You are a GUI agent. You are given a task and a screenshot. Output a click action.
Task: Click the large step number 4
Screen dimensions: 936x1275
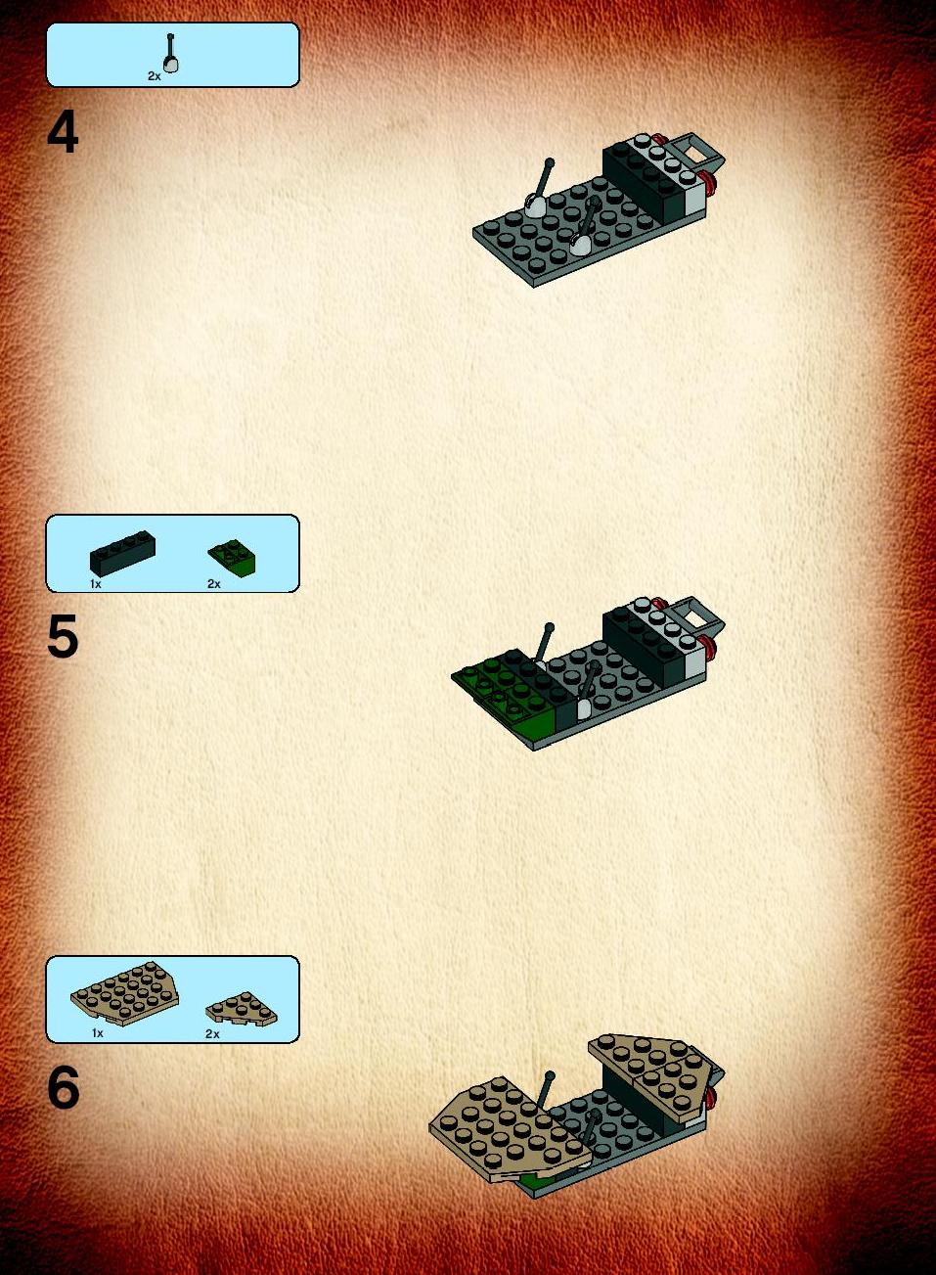tap(63, 133)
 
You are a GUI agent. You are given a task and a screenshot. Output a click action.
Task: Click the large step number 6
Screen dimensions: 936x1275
tap(64, 1088)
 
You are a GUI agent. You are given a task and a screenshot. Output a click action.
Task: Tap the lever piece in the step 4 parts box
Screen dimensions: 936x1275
tap(171, 53)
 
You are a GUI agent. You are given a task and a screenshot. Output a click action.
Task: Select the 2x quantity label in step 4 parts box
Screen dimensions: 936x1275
tap(155, 76)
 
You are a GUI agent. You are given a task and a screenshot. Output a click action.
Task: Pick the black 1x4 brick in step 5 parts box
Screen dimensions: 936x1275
tap(122, 553)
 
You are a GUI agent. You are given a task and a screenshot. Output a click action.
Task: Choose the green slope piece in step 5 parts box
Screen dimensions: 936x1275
tap(232, 559)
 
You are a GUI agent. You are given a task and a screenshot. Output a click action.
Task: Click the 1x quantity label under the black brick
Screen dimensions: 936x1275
tap(96, 584)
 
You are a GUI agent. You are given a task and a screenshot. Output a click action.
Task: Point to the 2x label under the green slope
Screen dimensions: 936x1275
tap(214, 584)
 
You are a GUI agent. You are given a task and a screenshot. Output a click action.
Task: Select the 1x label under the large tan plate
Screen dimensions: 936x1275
tap(97, 1033)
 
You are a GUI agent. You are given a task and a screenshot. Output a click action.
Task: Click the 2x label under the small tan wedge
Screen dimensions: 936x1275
tap(212, 1033)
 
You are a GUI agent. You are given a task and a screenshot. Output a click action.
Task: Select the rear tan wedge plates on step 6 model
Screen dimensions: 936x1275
tap(654, 1070)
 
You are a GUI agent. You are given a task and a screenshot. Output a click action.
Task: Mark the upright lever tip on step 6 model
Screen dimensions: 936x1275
tap(550, 1075)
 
